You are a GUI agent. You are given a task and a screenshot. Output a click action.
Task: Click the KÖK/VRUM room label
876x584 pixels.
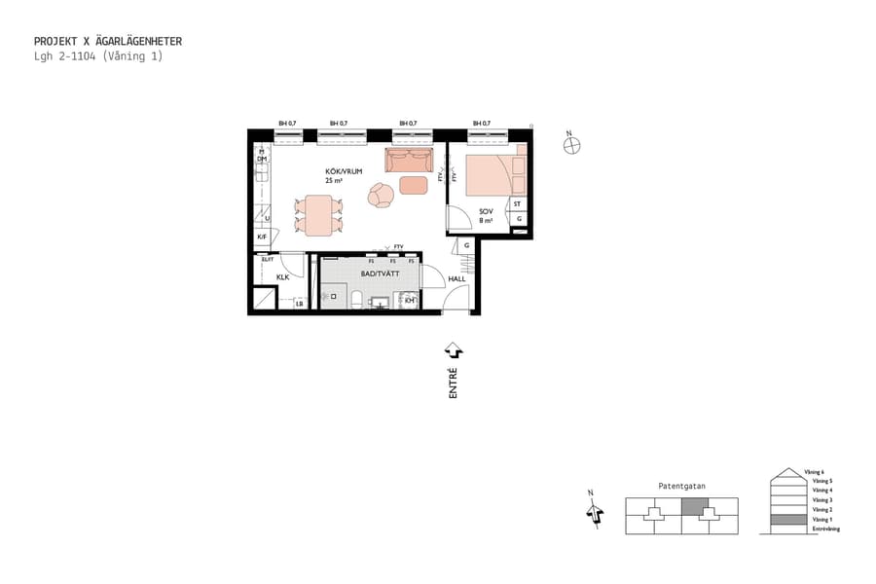344,171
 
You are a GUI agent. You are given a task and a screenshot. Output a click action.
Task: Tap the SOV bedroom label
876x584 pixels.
486,211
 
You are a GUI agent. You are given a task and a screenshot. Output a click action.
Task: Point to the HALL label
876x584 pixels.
456,279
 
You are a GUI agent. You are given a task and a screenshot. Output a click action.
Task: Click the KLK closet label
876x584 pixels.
282,277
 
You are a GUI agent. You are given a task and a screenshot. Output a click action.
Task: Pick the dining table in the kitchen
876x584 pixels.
319,214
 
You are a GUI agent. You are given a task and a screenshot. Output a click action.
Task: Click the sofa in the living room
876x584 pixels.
409,159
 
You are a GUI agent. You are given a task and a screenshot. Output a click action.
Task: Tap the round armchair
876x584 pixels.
382,196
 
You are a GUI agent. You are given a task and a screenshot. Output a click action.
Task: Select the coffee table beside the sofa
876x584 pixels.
414,185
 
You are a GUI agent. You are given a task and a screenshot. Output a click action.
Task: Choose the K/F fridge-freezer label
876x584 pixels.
261,237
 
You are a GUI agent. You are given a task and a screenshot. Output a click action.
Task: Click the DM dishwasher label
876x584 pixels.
261,159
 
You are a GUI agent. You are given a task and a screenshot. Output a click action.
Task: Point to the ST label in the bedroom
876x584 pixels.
518,204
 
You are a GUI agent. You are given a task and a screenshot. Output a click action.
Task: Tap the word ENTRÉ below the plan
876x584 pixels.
453,383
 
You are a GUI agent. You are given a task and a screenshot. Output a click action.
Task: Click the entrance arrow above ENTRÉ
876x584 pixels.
453,349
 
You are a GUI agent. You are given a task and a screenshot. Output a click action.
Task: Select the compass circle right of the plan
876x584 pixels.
572,145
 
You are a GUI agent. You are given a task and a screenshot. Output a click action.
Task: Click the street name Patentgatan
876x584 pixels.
681,485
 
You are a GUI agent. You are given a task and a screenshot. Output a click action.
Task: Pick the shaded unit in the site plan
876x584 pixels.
695,506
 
